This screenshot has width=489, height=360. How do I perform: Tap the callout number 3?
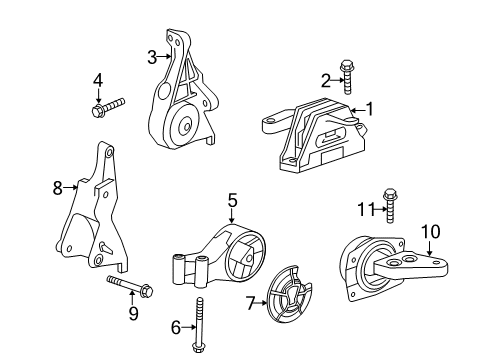(152, 57)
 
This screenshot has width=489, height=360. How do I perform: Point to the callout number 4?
(98, 79)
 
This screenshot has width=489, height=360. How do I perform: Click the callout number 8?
(57, 185)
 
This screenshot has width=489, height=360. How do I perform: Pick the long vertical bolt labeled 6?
(200, 323)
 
